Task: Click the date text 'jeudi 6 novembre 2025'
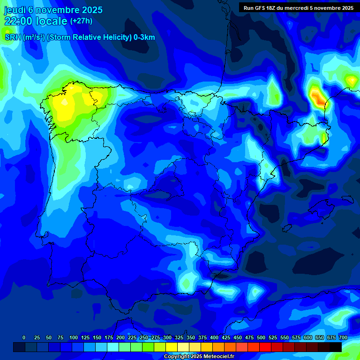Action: pyautogui.click(x=53, y=10)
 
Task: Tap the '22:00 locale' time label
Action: pyautogui.click(x=36, y=21)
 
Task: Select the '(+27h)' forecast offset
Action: pyautogui.click(x=81, y=21)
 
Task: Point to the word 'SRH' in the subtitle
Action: pyautogui.click(x=13, y=37)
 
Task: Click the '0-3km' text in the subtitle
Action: pyautogui.click(x=144, y=37)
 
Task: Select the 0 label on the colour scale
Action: pyautogui.click(x=24, y=337)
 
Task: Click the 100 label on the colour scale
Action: pyautogui.click(x=74, y=337)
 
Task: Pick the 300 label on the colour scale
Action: pyautogui.click(x=167, y=337)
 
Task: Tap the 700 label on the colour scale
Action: pyautogui.click(x=343, y=337)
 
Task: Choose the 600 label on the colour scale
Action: pyautogui.click(x=308, y=337)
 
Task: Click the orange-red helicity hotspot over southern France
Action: pyautogui.click(x=319, y=98)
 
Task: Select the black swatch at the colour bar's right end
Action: pyautogui.click(x=335, y=347)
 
